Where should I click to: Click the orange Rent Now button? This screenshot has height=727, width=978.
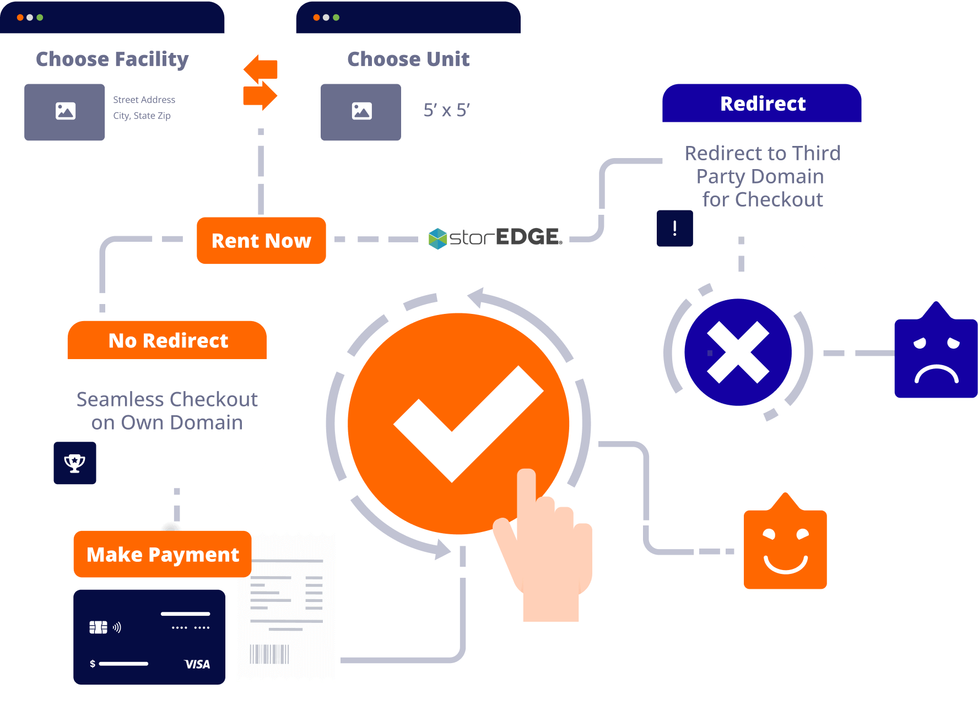pos(261,241)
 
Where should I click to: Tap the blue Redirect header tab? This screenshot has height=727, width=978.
pos(762,103)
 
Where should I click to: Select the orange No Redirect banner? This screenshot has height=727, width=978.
pos(167,340)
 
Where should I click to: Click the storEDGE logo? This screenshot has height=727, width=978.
pos(495,238)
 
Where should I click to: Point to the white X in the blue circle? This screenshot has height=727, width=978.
pos(738,352)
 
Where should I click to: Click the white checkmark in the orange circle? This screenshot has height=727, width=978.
pos(468,424)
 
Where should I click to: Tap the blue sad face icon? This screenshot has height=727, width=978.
pos(936,350)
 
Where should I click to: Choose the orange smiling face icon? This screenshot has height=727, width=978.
pos(785,541)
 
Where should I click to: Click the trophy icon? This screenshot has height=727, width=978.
pos(75,463)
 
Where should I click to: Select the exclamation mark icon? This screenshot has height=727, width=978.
pos(675,228)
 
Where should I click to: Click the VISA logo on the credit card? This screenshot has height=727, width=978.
pos(197,664)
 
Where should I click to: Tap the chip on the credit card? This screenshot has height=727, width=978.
pos(98,627)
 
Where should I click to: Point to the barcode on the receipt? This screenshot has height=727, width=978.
pos(269,654)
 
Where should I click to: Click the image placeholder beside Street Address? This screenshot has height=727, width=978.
pos(64,112)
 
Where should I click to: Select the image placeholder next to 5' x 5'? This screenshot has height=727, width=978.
pos(361,112)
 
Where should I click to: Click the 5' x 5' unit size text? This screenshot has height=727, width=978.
pos(446,110)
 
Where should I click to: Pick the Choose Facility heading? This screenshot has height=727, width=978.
pos(112,59)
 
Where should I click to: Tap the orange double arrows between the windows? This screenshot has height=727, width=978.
pos(261,83)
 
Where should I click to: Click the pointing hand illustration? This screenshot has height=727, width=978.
pos(543,545)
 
